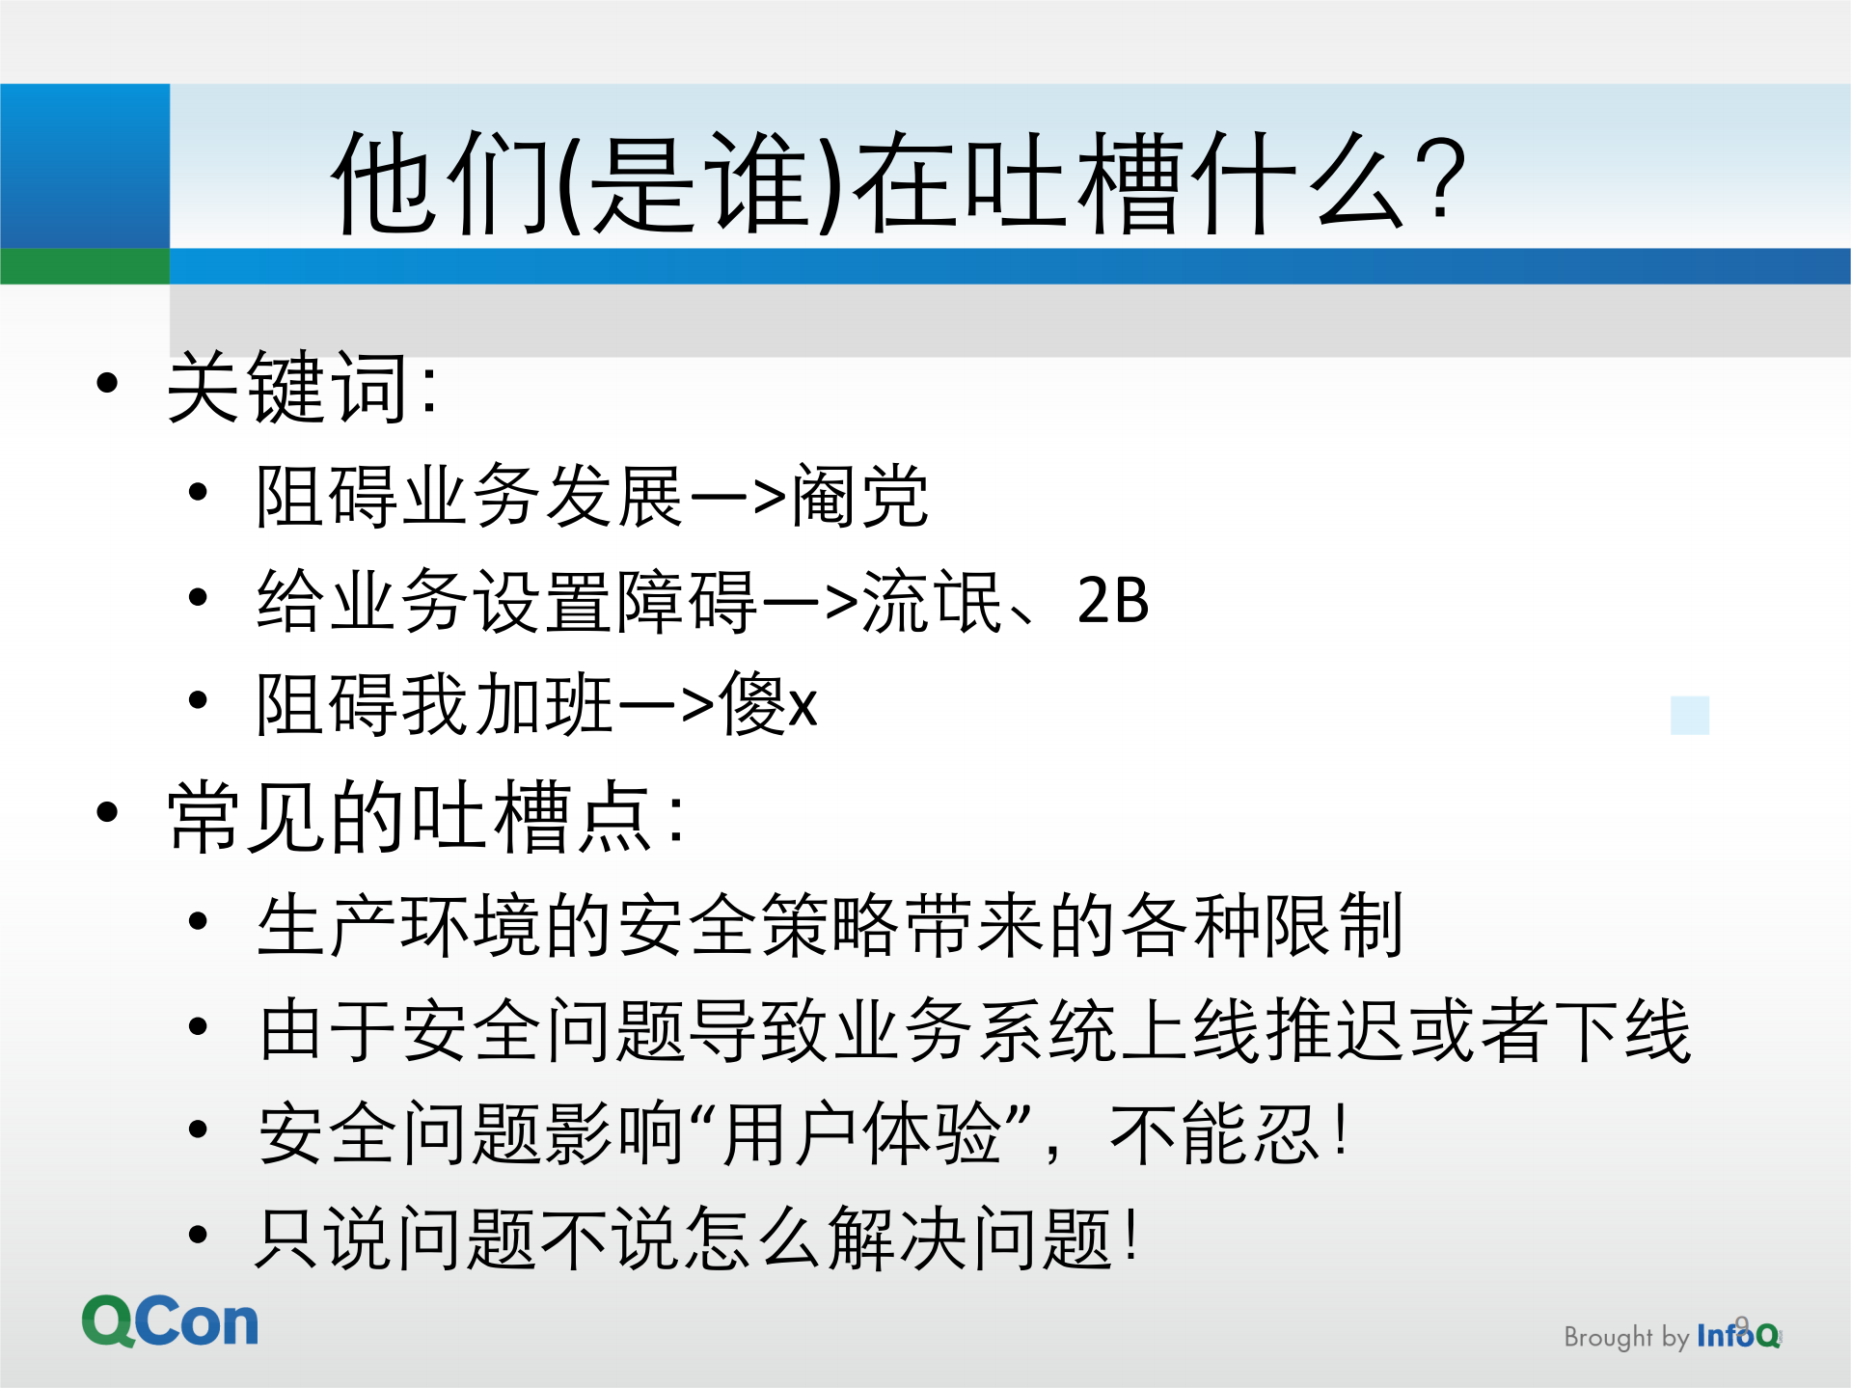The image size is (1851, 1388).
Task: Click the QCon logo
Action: click(x=170, y=1320)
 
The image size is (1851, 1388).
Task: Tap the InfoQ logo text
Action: click(x=1737, y=1335)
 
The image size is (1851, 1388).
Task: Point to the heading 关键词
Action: click(x=289, y=387)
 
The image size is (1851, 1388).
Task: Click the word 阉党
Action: click(x=859, y=496)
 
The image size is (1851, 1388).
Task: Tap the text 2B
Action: click(x=1112, y=600)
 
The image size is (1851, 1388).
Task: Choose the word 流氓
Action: click(x=932, y=600)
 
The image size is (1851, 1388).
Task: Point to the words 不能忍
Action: click(x=1213, y=1133)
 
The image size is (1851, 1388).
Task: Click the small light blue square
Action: click(x=1689, y=715)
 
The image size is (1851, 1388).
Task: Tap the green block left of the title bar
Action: click(x=85, y=266)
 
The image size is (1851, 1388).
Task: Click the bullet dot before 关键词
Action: click(x=107, y=383)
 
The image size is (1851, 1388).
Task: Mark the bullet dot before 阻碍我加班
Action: click(x=198, y=700)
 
